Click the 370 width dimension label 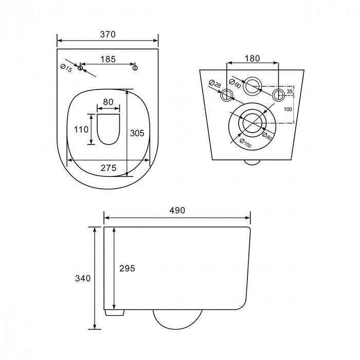click(107, 34)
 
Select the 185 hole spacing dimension click(107, 59)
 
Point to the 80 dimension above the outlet click(108, 102)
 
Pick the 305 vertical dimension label click(136, 133)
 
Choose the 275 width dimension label click(108, 168)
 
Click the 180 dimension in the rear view click(252, 59)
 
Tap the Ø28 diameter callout click(215, 84)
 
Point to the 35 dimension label click(290, 92)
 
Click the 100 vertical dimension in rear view click(288, 109)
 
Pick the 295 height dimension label click(127, 268)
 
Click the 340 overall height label click(83, 278)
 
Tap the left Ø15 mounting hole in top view click(80, 68)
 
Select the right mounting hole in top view click(135, 68)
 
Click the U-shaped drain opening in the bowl click(108, 129)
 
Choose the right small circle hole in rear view click(278, 94)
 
